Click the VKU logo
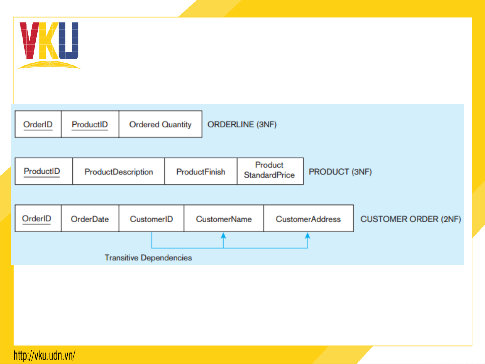(49, 45)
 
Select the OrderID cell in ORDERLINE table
(38, 124)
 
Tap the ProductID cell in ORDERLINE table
(90, 124)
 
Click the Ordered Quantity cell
(161, 124)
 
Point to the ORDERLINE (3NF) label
(242, 125)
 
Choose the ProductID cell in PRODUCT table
(44, 171)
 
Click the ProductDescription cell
(118, 171)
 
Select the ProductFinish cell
(201, 171)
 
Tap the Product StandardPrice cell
(270, 171)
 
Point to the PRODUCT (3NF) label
(340, 172)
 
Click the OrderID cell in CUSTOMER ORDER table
(38, 218)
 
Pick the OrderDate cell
(90, 218)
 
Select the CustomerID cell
(151, 218)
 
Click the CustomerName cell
(224, 218)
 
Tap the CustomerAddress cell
(309, 218)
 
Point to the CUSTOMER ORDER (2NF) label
(411, 219)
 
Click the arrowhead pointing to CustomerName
(223, 235)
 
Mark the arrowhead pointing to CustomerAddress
(308, 235)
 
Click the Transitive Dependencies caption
(148, 258)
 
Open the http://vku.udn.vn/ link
(44, 355)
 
